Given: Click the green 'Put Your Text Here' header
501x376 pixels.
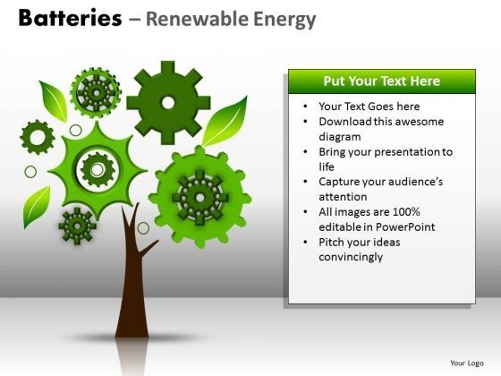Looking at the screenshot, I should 381,81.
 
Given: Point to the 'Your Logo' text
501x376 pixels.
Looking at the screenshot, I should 466,363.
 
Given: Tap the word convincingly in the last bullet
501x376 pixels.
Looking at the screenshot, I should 351,257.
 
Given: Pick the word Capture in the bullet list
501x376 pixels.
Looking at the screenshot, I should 340,181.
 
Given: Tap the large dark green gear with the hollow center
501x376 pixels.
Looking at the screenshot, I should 168,102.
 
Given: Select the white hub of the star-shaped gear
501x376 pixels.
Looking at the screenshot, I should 95,167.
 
